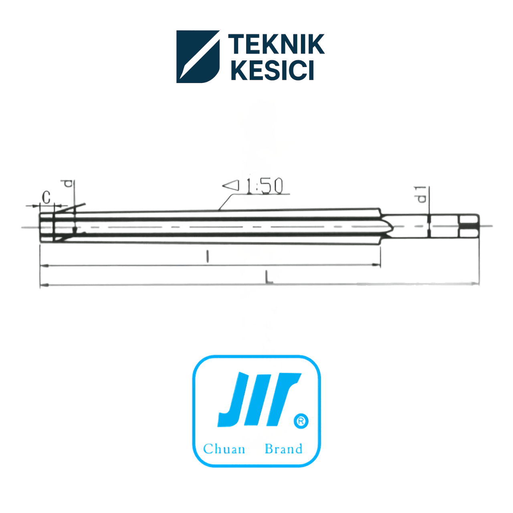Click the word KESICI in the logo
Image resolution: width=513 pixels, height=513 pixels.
tap(273, 70)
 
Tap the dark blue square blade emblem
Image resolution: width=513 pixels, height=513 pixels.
tap(198, 57)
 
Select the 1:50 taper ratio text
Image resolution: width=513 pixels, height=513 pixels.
tap(265, 186)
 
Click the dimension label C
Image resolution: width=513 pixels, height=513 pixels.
tap(46, 197)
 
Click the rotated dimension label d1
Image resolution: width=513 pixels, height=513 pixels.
tap(421, 195)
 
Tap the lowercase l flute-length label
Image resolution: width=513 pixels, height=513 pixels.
tap(208, 257)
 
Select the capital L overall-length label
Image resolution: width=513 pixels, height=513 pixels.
tap(269, 277)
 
